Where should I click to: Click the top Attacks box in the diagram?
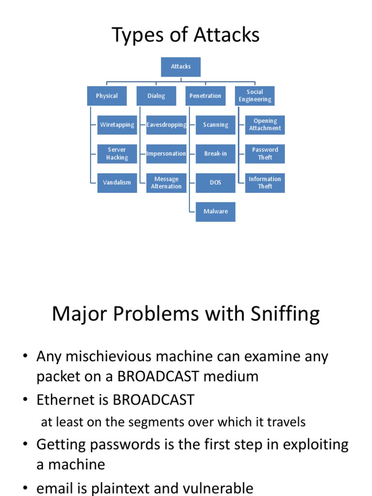181,67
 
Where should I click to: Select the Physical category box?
107,96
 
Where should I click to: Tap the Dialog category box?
156,96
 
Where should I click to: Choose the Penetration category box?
205,96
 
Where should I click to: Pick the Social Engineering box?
255,96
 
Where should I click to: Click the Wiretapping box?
117,125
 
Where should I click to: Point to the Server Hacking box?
117,154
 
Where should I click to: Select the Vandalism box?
117,183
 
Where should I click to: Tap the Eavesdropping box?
166,125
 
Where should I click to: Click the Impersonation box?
166,154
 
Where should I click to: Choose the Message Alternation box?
166,183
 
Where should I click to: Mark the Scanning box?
216,125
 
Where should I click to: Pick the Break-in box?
216,154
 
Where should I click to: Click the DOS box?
216,183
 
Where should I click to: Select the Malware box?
216,212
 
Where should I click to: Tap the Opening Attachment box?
265,125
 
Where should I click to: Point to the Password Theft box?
265,154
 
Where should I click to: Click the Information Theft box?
265,183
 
